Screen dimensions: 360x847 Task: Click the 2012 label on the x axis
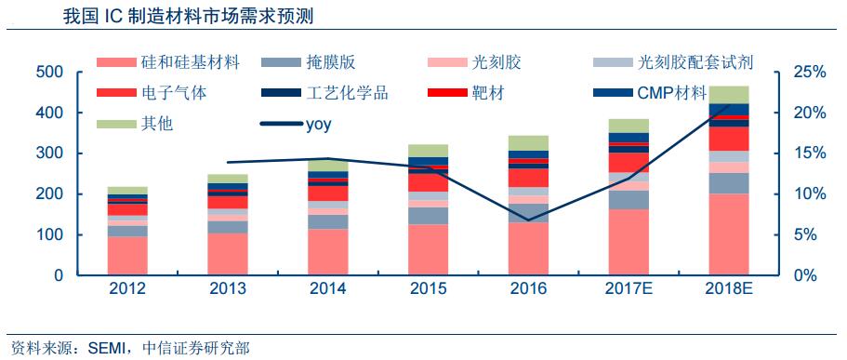[127, 288]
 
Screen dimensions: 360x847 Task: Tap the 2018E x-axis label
[729, 288]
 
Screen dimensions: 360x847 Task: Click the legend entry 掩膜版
[330, 63]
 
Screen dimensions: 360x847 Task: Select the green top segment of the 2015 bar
[428, 151]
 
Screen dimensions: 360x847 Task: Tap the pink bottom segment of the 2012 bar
[127, 256]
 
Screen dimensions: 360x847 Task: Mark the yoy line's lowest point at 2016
[528, 220]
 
